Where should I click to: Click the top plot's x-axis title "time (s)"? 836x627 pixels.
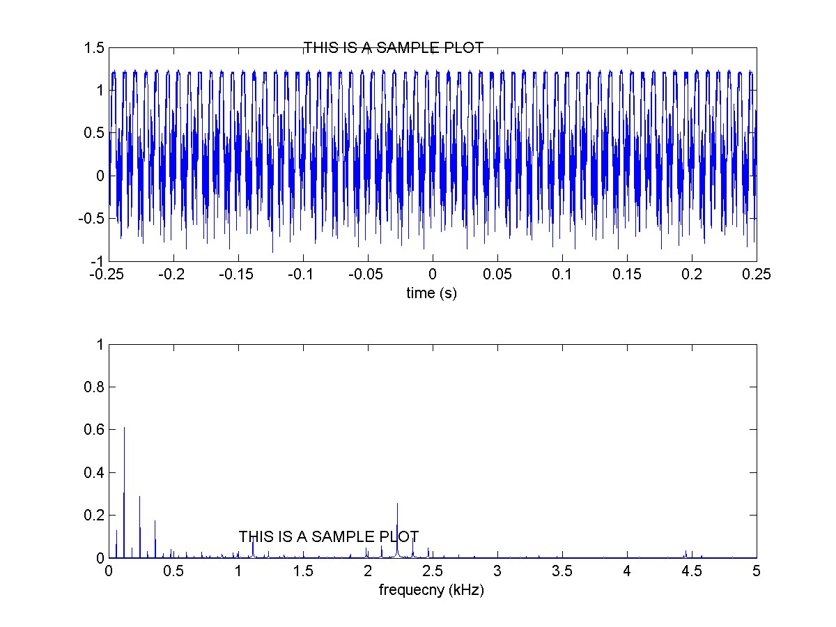[x=431, y=293]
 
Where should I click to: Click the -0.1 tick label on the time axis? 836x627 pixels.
[x=303, y=274]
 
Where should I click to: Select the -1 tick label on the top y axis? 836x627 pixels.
[x=98, y=261]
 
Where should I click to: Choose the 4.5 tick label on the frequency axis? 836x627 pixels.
[x=692, y=571]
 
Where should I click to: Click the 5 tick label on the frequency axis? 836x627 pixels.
[x=757, y=571]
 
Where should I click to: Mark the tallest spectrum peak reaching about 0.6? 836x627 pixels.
[x=124, y=428]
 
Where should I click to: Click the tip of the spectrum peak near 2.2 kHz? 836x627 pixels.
[x=397, y=504]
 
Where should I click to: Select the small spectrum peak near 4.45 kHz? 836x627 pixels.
[x=686, y=551]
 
